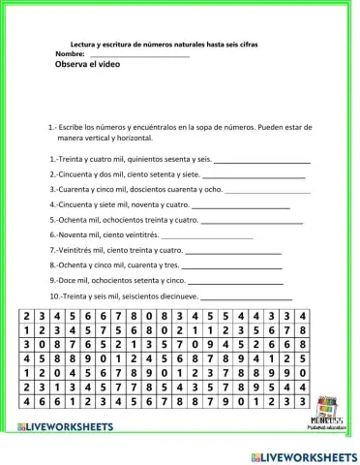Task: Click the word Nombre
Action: click(71, 53)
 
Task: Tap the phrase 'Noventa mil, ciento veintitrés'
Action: click(108, 235)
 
